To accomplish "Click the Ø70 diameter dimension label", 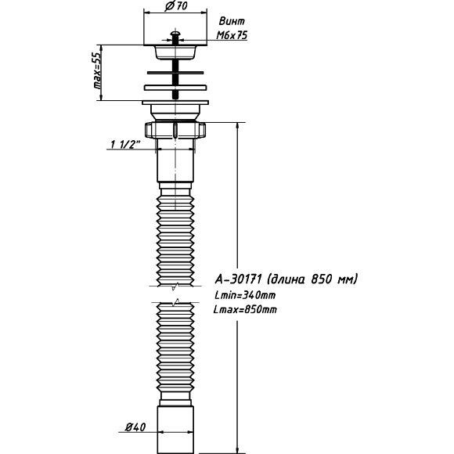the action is click(176, 5).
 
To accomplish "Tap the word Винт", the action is click(232, 21).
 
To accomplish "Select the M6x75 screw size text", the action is click(232, 35).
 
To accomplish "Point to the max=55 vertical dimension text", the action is click(98, 70).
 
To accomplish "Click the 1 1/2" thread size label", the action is click(125, 144).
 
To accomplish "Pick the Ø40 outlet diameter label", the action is click(135, 427).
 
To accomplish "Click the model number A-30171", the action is click(238, 279).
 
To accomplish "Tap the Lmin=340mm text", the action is click(245, 295).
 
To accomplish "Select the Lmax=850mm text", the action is click(245, 309).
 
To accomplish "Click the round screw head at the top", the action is click(175, 34).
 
